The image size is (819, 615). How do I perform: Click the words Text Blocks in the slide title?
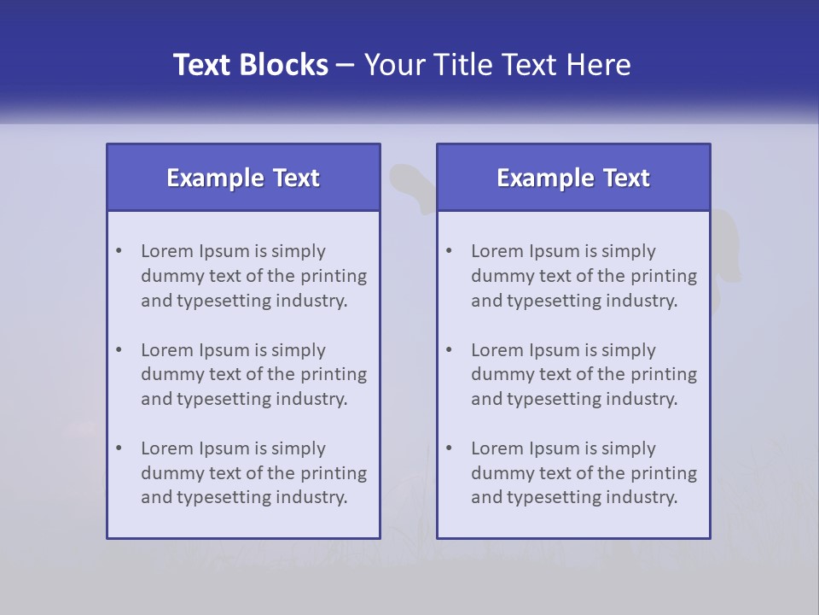(x=251, y=65)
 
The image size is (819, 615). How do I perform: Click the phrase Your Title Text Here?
(x=497, y=65)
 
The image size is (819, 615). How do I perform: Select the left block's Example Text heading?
(x=243, y=178)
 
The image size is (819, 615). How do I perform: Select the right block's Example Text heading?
(x=573, y=178)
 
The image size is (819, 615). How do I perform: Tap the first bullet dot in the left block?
(x=119, y=251)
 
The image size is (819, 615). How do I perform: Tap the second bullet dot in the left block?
(x=119, y=350)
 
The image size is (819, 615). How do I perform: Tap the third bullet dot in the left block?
(x=119, y=448)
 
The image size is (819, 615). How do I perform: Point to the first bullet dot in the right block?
(x=449, y=251)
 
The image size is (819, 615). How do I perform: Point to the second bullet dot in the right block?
(x=449, y=350)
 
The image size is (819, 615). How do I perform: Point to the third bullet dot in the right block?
(x=449, y=448)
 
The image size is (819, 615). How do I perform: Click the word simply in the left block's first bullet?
(x=299, y=251)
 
